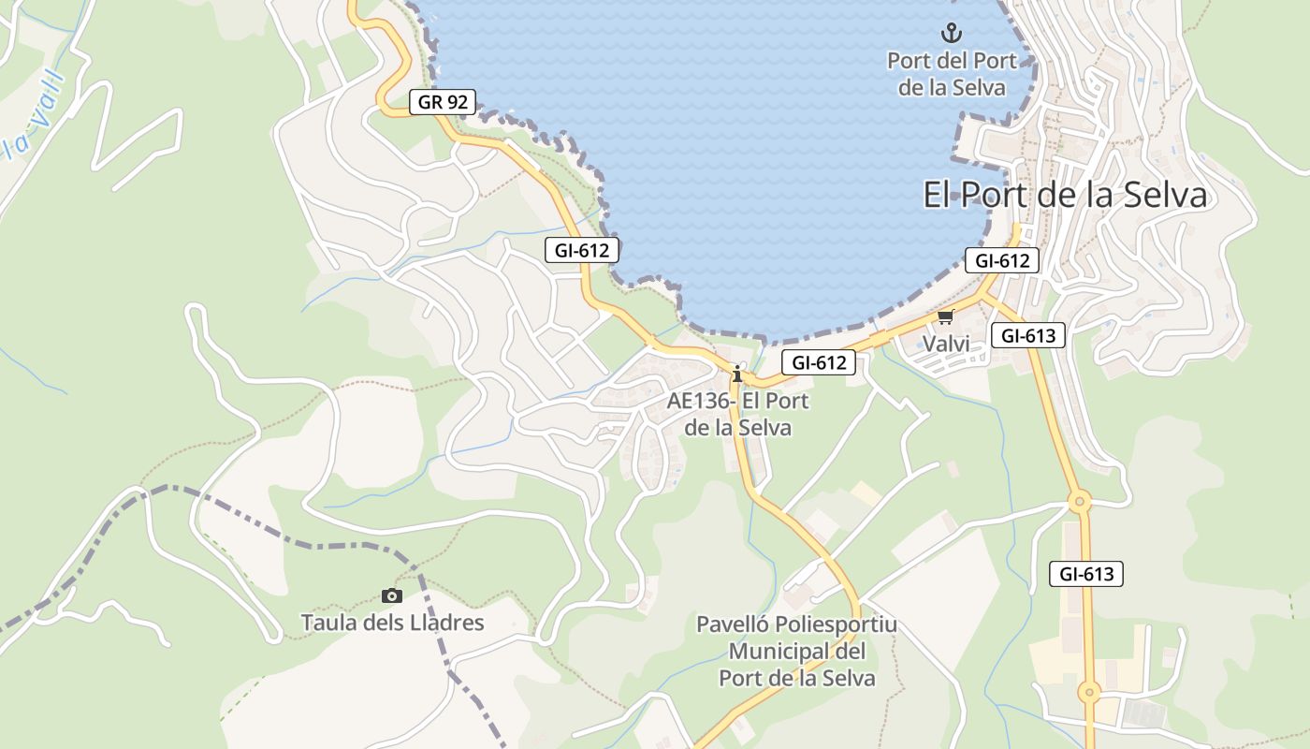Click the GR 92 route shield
click(x=443, y=102)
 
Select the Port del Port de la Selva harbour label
click(x=952, y=74)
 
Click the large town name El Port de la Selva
click(x=1065, y=196)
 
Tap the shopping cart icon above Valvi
click(x=945, y=318)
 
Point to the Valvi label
click(x=946, y=344)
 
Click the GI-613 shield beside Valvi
click(x=1028, y=335)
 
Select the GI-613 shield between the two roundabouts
click(x=1085, y=574)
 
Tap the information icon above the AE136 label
click(x=737, y=374)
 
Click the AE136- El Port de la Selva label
click(x=738, y=414)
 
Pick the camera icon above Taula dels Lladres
click(x=392, y=595)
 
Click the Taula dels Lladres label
click(x=392, y=622)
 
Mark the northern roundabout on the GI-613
click(x=1080, y=503)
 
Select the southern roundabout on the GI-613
click(x=1087, y=693)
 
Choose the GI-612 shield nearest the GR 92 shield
click(x=582, y=250)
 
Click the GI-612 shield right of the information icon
click(x=819, y=362)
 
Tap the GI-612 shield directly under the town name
click(x=1002, y=260)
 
